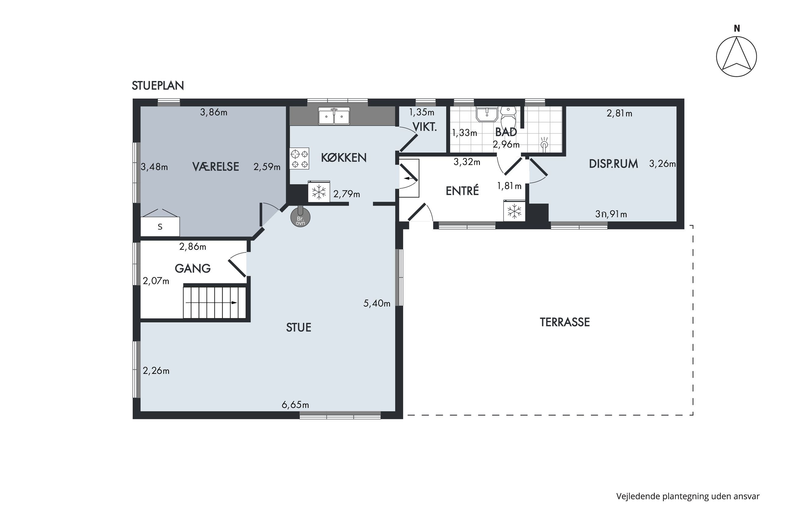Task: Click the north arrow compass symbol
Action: [736, 57]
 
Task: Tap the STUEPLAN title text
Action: [158, 86]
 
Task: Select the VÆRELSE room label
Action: [216, 167]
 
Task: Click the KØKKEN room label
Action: [343, 158]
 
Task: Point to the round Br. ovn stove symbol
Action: [300, 217]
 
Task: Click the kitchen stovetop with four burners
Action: [299, 159]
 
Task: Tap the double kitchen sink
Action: [334, 116]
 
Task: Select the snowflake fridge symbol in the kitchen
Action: [319, 192]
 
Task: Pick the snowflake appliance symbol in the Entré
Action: [514, 211]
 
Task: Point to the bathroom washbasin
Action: [487, 115]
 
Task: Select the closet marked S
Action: [160, 226]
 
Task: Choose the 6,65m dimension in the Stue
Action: [295, 405]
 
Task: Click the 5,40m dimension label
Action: [377, 303]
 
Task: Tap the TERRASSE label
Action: [565, 322]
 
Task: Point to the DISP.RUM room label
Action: [613, 164]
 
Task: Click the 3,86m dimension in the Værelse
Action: [214, 112]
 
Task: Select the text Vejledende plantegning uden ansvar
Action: [688, 497]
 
